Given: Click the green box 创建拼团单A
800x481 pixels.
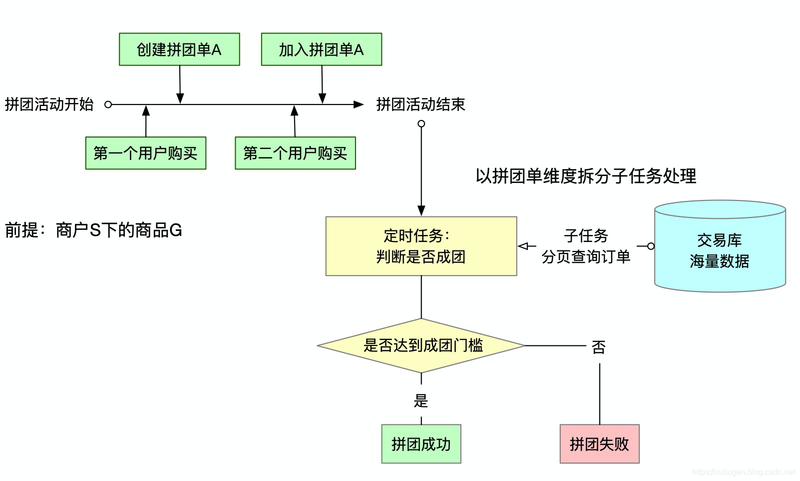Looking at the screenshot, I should coord(179,49).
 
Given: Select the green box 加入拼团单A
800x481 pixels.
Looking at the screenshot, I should coord(321,49).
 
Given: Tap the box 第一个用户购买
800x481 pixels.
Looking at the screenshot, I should coord(145,153).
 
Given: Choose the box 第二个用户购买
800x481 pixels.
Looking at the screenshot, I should coord(295,153).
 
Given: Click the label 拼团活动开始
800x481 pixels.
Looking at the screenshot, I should coord(49,104).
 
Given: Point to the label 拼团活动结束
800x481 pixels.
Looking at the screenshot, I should coord(420,104).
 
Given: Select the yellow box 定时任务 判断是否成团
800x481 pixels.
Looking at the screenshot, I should coord(421,246).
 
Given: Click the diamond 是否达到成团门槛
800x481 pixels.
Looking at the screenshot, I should coord(421,345).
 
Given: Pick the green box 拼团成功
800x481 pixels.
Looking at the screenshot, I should coord(421,444).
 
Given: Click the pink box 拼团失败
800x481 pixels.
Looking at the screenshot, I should coord(599,444).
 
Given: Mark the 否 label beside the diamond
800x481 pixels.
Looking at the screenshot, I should coord(599,346).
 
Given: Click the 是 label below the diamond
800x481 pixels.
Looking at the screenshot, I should coord(421,400).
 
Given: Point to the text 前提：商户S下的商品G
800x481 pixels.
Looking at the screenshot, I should coord(93,230).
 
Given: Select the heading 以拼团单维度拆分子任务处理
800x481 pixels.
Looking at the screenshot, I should coord(586,176).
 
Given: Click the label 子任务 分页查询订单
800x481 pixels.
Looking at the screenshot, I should coord(586,246).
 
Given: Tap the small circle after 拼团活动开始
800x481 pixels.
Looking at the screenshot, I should coord(108,104).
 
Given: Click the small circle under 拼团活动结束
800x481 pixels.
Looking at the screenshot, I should coord(421,123).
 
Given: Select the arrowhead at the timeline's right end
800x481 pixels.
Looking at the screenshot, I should coord(359,104).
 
